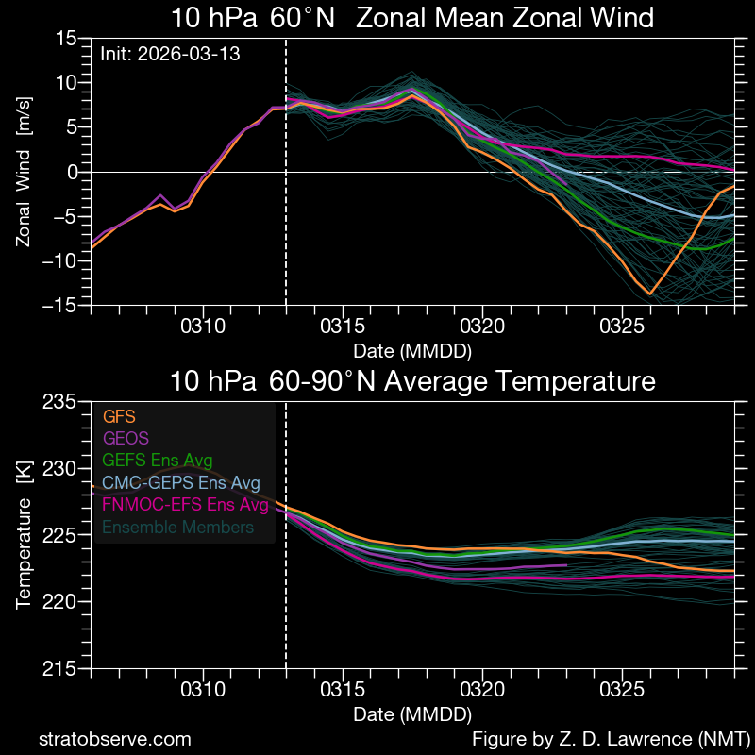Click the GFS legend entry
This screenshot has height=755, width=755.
tap(119, 414)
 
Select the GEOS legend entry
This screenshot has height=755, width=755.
tap(125, 437)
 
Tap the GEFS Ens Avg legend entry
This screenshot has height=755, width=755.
tap(157, 460)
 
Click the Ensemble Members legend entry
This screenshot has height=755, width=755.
tap(176, 528)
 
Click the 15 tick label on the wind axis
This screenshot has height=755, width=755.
tap(65, 38)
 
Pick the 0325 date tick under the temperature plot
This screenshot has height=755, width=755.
tap(621, 690)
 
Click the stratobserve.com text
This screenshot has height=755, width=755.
tap(114, 739)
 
